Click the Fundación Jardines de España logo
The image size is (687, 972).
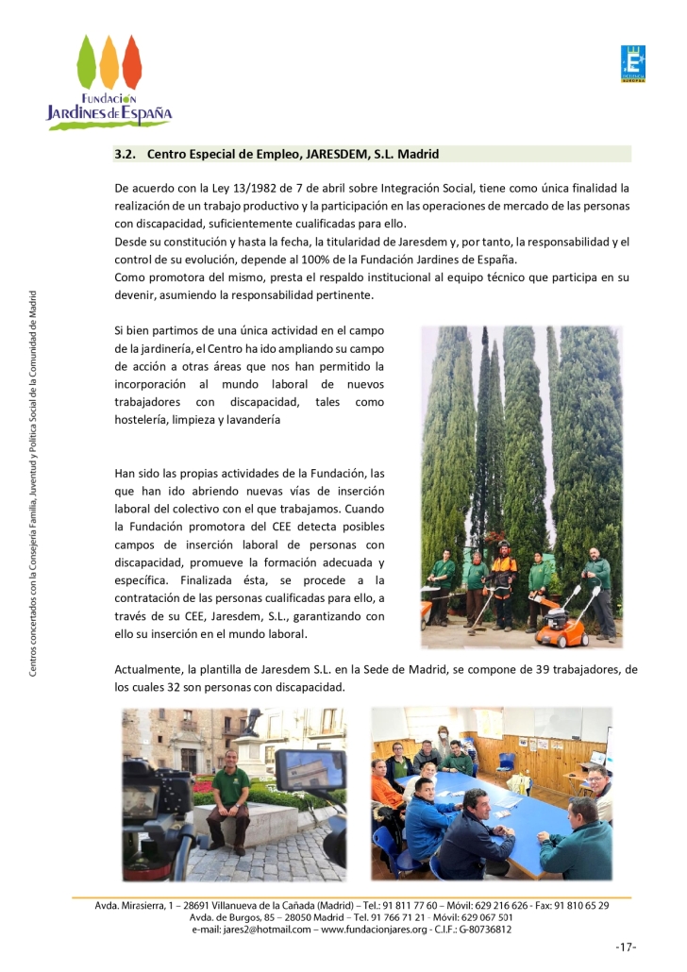pyautogui.click(x=110, y=82)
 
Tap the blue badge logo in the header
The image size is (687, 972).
pyautogui.click(x=633, y=64)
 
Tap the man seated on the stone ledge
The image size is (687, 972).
pyautogui.click(x=228, y=800)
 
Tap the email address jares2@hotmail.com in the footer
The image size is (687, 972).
pyautogui.click(x=262, y=929)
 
